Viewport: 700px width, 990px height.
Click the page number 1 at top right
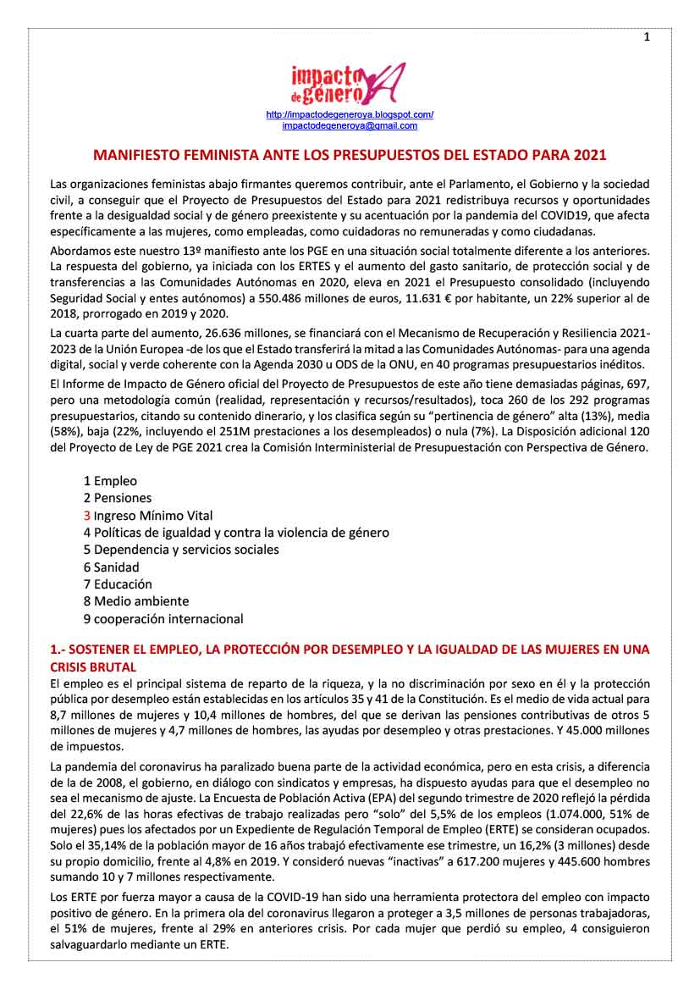[647, 36]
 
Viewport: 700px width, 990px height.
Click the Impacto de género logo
[347, 83]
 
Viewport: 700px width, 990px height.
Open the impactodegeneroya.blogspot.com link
[350, 114]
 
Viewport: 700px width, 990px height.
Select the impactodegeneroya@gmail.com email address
[350, 125]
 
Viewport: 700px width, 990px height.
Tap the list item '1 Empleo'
[110, 480]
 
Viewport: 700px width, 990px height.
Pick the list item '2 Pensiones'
[118, 498]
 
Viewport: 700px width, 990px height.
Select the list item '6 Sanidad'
[111, 567]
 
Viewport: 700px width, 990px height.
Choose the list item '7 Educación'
[118, 583]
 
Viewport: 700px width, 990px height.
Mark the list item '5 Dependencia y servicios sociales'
[181, 550]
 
